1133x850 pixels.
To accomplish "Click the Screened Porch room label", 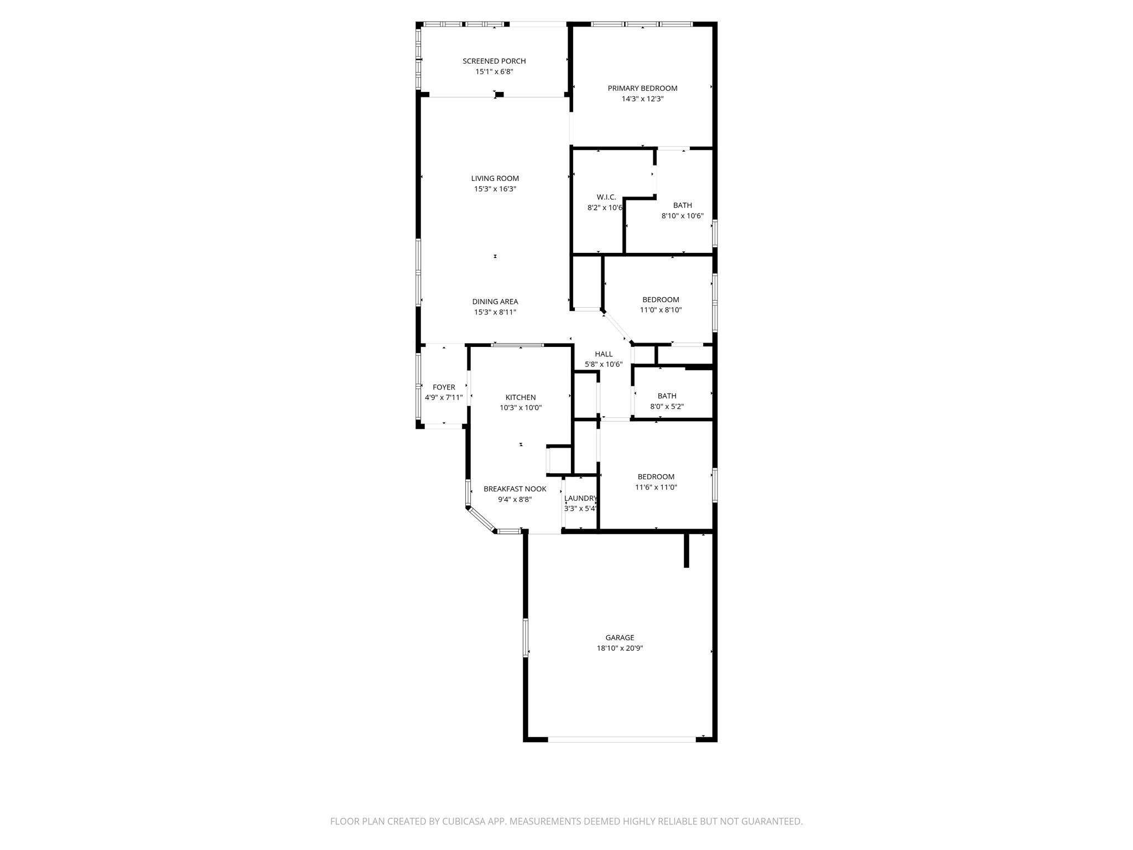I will tap(494, 61).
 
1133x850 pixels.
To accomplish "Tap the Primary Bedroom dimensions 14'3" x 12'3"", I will tap(642, 99).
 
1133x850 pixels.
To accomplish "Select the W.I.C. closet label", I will tap(606, 197).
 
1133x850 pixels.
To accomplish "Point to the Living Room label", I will tap(495, 178).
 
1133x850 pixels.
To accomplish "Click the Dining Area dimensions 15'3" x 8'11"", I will tap(495, 312).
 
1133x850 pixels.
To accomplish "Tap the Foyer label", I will tap(444, 387).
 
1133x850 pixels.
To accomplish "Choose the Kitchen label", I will tap(520, 397).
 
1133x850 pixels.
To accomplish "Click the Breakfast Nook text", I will tap(514, 489).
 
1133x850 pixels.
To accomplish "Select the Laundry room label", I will tap(580, 498).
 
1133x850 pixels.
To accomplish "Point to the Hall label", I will tap(604, 354).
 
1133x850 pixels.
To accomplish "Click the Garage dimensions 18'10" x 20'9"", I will tap(620, 648).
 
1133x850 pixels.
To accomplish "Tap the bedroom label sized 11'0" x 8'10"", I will tap(661, 299).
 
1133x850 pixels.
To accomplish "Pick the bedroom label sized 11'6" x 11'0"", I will tap(656, 476).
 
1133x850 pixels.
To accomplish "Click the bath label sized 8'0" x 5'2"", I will tap(667, 396).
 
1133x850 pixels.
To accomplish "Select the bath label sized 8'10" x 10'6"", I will tap(682, 205).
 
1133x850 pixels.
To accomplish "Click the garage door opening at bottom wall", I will tap(622, 739).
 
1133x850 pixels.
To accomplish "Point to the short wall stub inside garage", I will tap(687, 550).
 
